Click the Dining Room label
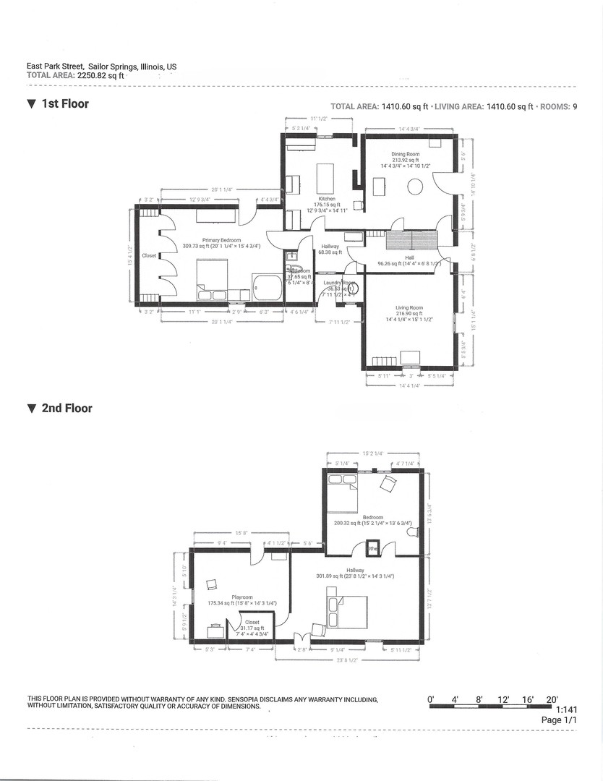(x=406, y=154)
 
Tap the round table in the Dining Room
(x=414, y=187)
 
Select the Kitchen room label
(x=327, y=199)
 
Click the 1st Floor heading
(x=64, y=104)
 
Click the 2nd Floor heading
(x=67, y=409)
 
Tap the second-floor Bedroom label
(x=372, y=517)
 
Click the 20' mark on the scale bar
(x=552, y=699)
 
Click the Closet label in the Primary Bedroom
(x=149, y=255)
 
